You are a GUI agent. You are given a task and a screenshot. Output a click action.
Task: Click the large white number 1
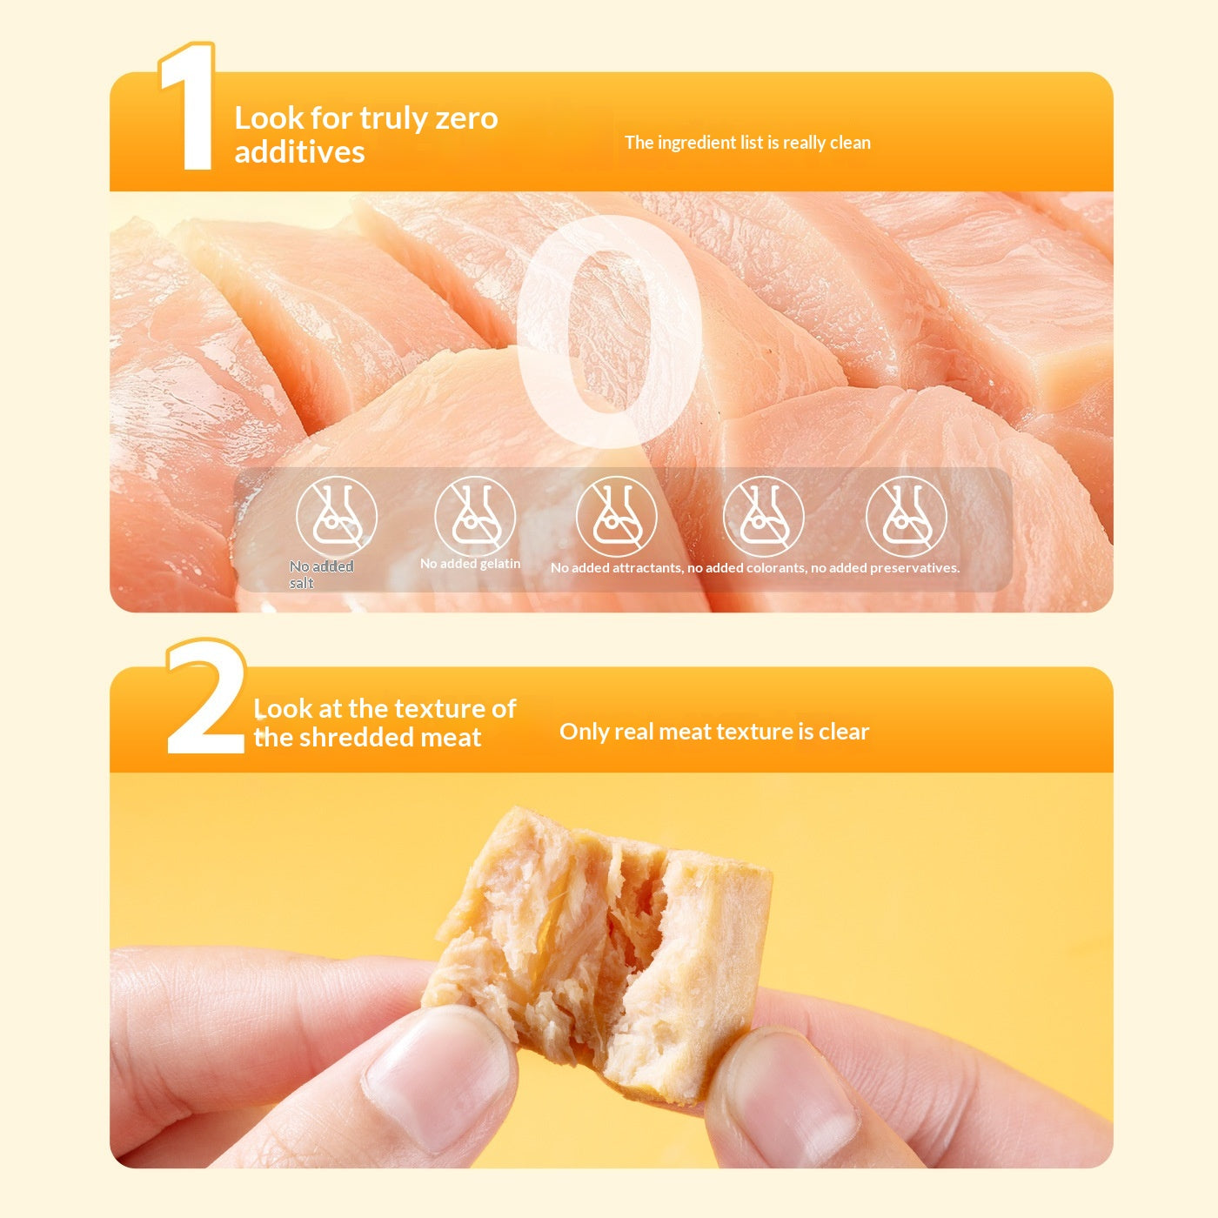[x=190, y=108]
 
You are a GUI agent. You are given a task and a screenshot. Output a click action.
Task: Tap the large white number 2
[x=205, y=697]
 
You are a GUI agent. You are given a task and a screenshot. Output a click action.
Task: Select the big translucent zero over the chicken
[x=610, y=331]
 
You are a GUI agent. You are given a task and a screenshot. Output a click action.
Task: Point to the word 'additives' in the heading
[x=299, y=152]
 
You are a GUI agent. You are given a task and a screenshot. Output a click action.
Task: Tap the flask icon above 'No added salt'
[x=337, y=516]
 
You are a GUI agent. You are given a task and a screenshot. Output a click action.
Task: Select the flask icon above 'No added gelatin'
[x=475, y=516]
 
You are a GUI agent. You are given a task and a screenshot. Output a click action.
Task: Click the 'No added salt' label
[x=321, y=574]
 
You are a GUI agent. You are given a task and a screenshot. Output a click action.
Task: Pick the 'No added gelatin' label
[x=471, y=564]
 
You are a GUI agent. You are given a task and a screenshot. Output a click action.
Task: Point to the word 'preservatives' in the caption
[x=914, y=568]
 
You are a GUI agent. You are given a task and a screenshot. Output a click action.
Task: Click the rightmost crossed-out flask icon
[x=906, y=516]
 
